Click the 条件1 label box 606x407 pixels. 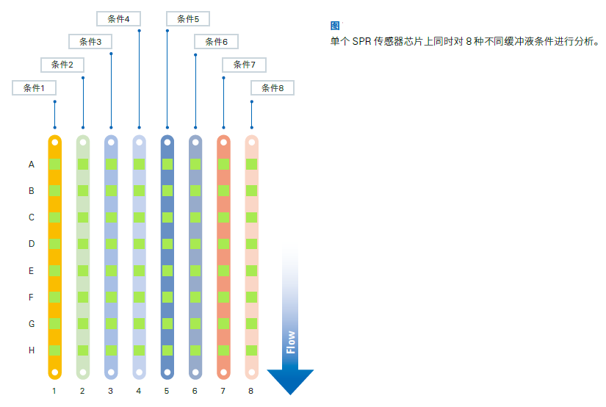point(34,87)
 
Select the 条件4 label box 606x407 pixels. point(118,18)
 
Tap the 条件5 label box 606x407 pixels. point(188,18)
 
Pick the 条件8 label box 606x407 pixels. point(273,87)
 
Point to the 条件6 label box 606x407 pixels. point(216,41)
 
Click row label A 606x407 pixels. point(32,165)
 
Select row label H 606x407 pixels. point(32,350)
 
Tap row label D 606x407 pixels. point(32,244)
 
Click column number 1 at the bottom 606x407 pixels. point(54,391)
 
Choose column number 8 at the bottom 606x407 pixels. point(250,391)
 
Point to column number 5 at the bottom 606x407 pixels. point(167,391)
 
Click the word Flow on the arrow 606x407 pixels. point(291,342)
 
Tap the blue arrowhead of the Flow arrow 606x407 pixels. point(290,381)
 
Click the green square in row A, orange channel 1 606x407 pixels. point(55,165)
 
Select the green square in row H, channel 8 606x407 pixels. point(252,350)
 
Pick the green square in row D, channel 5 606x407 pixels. point(167,244)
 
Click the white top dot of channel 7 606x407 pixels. point(223,143)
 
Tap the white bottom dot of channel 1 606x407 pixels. point(55,372)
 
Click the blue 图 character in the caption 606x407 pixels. point(335,26)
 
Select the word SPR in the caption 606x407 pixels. point(361,41)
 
